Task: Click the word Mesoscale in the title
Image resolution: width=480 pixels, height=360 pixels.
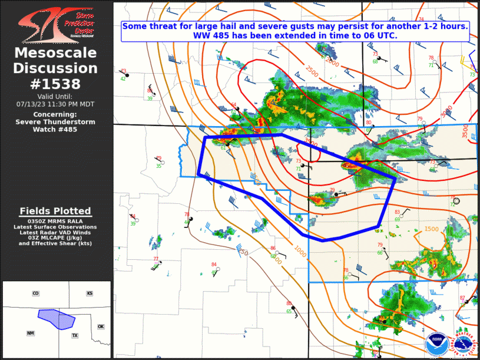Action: [x=55, y=54]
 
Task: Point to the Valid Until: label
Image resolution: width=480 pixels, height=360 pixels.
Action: [x=55, y=96]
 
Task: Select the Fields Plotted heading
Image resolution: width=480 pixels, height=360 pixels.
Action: [x=55, y=211]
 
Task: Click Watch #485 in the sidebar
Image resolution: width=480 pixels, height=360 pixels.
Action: [x=55, y=129]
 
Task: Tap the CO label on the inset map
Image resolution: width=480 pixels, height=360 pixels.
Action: [x=35, y=293]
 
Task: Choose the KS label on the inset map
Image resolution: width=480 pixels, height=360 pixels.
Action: [x=90, y=293]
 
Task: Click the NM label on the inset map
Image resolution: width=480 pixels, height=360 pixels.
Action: [x=30, y=333]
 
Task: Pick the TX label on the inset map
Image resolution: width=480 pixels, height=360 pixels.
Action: [x=75, y=335]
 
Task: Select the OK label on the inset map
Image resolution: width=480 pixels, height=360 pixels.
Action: [x=100, y=326]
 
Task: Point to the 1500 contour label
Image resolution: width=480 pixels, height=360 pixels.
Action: [x=431, y=229]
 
